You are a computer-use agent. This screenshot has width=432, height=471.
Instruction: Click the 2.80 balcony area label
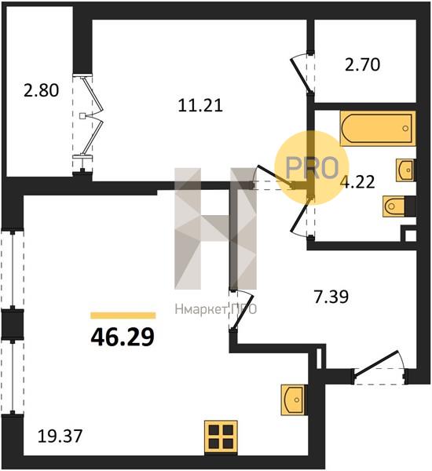pos(41,90)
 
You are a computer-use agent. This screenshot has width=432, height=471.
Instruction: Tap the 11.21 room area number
pos(200,105)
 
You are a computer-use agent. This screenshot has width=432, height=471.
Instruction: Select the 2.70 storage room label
pos(362,64)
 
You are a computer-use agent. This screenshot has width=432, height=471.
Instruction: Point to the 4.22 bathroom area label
pos(359,182)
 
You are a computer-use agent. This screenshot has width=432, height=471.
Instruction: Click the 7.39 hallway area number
pos(331,297)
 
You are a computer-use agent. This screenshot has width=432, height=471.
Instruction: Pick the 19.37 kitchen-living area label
pos(60,436)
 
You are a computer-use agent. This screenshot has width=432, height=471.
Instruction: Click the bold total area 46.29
pos(123,337)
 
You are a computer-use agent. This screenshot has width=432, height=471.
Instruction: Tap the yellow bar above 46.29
pos(123,315)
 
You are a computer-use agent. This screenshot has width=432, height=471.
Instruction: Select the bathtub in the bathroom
pos(378,129)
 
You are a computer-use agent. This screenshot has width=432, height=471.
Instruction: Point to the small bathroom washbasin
pos(405,170)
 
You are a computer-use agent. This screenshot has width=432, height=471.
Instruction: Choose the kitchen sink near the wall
pos(292,400)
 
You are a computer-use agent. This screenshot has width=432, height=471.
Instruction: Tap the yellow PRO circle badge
pos(312,168)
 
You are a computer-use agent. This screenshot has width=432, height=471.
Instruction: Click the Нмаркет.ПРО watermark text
pos(215,309)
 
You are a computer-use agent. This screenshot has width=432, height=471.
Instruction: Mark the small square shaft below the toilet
pos(409,235)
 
